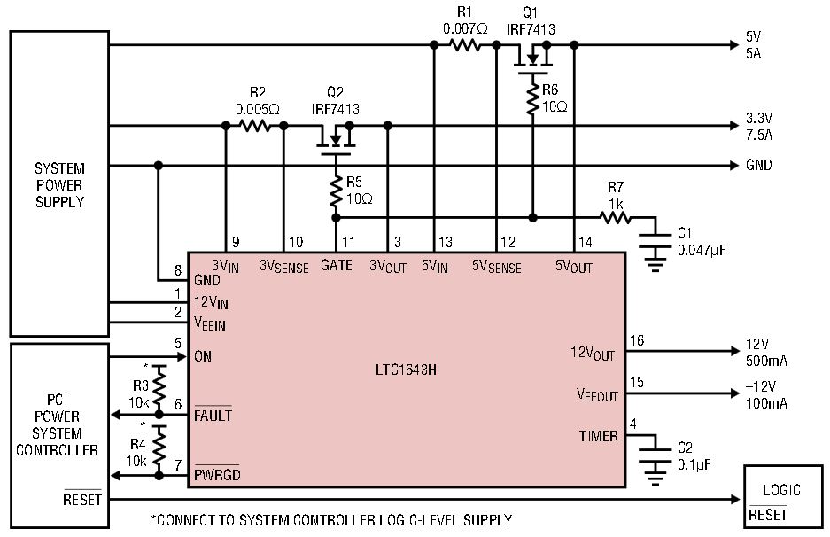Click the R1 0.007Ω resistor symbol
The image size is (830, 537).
pos(465,45)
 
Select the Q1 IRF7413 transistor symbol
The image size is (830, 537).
pos(533,58)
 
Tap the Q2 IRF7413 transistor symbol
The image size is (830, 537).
pos(336,139)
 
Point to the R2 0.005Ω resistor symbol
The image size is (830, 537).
pos(256,126)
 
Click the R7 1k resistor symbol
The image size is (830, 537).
pos(615,217)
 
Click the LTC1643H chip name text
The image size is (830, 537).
pos(406,370)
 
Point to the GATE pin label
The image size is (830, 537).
pos(336,265)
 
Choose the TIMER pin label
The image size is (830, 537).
pos(599,436)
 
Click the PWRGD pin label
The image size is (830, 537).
pos(217,473)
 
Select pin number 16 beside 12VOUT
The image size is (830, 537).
pos(637,340)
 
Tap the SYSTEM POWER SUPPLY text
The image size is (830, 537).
pos(59,185)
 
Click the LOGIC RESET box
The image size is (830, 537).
pos(783,497)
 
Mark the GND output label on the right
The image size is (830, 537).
pos(758,165)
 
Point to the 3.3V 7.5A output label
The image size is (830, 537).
pos(759,126)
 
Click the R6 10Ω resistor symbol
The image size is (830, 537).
pos(533,99)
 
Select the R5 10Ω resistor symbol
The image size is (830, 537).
pos(336,191)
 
